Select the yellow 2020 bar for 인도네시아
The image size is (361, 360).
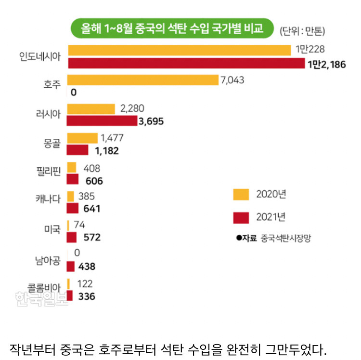(180, 50)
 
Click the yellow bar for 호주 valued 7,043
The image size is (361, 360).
(142, 80)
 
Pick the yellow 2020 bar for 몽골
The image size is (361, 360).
(82, 138)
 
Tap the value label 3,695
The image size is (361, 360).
(151, 121)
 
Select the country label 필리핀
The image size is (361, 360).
(48, 173)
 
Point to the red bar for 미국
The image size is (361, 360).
(72, 237)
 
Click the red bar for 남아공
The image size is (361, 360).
(71, 267)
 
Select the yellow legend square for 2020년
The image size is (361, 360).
(241, 194)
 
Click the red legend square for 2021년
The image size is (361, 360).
(241, 217)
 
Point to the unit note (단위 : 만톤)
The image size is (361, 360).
(302, 32)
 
